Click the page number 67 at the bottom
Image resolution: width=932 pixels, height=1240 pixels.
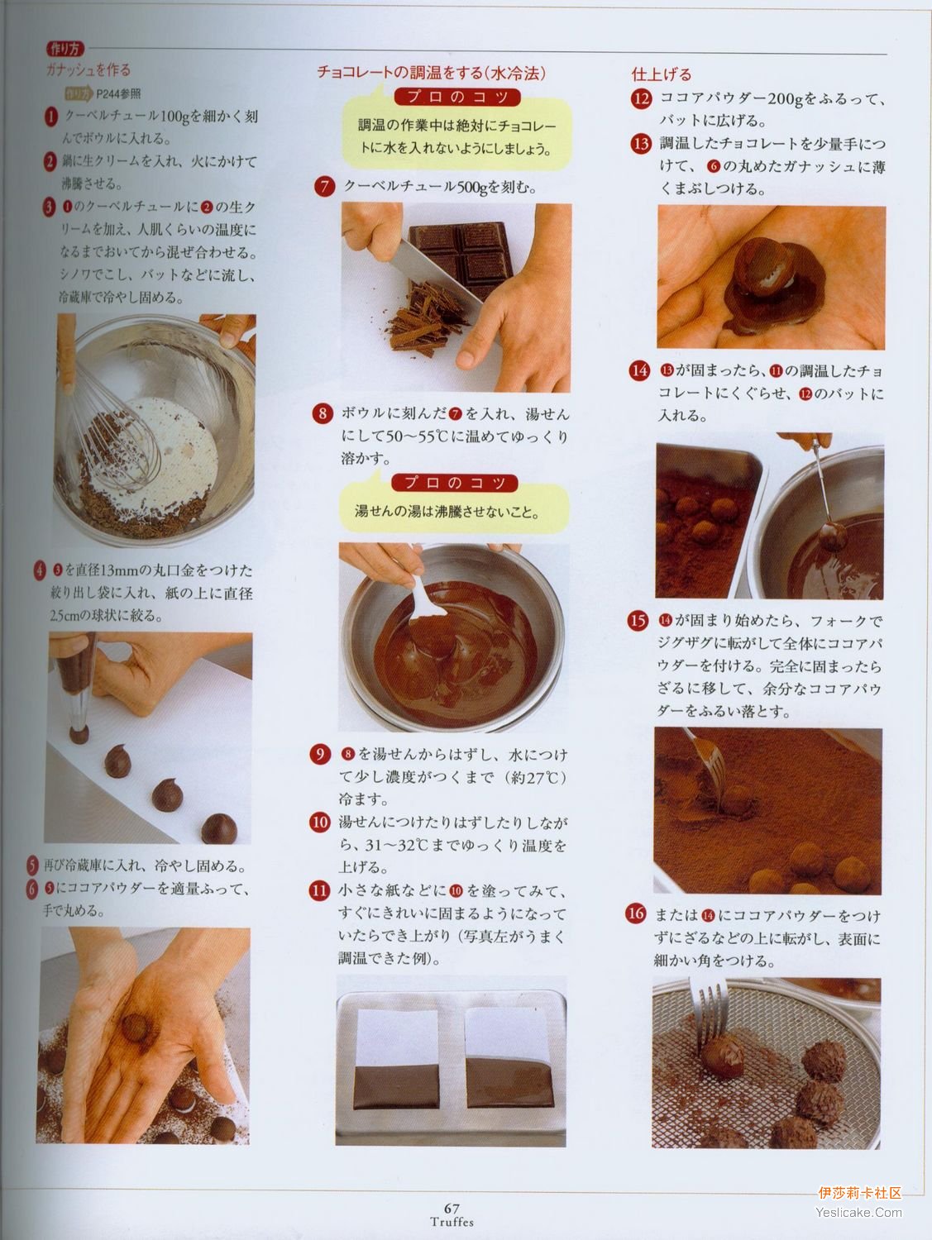pyautogui.click(x=451, y=1207)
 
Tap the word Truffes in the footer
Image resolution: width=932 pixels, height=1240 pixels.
pyautogui.click(x=451, y=1221)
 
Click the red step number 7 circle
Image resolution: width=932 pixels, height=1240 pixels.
pyautogui.click(x=324, y=187)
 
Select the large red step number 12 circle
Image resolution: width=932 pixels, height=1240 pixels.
pyautogui.click(x=641, y=99)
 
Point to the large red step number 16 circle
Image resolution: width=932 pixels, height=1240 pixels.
pyautogui.click(x=637, y=913)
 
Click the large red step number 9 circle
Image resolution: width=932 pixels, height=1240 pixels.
pyautogui.click(x=320, y=755)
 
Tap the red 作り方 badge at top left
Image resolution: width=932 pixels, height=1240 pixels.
pyautogui.click(x=65, y=49)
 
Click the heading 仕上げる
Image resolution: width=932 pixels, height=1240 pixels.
pyautogui.click(x=662, y=74)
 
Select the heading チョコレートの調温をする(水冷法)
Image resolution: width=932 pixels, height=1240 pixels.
pyautogui.click(x=431, y=72)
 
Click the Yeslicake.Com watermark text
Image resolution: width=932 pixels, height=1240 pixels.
pyautogui.click(x=858, y=1213)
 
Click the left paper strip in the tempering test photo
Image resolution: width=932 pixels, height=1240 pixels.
pyautogui.click(x=397, y=1061)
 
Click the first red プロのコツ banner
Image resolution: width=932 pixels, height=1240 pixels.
pyautogui.click(x=456, y=97)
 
